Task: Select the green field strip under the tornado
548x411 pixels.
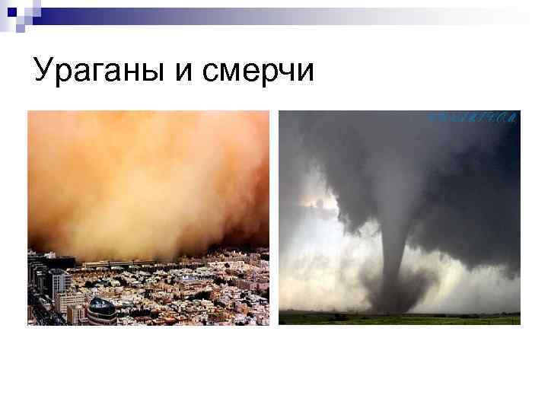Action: pos(399,318)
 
